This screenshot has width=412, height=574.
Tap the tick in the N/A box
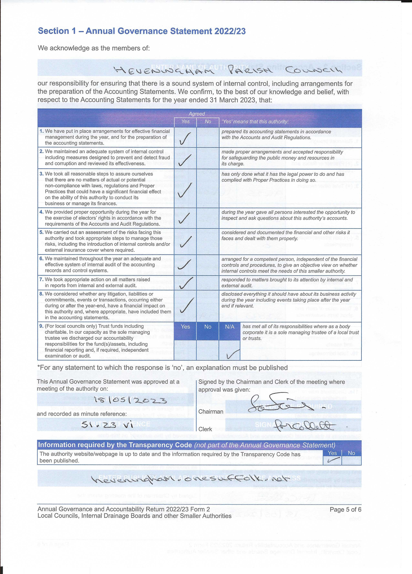pyautogui.click(x=233, y=354)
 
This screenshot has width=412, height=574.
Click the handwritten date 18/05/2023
pyautogui.click(x=130, y=400)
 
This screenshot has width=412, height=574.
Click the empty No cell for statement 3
pyautogui.click(x=208, y=188)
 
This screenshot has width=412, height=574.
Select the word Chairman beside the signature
pyautogui.click(x=211, y=412)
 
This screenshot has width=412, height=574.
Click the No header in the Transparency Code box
pyautogui.click(x=351, y=453)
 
